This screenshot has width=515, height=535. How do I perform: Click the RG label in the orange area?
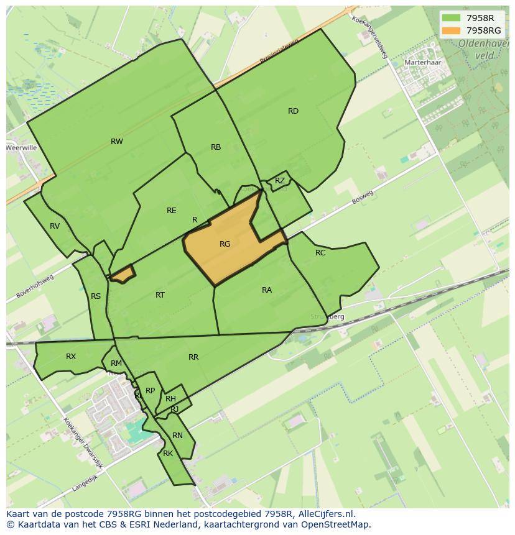tap(225, 244)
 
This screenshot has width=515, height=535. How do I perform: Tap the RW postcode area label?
tap(117, 142)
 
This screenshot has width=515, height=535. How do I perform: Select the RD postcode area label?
tap(293, 111)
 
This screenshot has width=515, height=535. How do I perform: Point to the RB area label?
tap(216, 147)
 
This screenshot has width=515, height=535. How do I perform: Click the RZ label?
tap(280, 181)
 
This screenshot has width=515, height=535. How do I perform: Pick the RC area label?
tap(320, 253)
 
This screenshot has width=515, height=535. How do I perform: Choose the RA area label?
tap(267, 290)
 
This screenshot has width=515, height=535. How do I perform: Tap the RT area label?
tap(160, 295)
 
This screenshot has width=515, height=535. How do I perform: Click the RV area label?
tap(55, 226)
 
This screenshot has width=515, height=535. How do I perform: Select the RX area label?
tap(71, 357)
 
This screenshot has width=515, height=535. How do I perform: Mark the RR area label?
tap(193, 357)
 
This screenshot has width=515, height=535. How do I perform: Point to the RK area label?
tap(168, 454)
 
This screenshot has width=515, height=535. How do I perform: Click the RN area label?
tap(177, 436)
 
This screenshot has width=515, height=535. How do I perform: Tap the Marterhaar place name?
tap(422, 63)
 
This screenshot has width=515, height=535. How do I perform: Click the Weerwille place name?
tap(21, 148)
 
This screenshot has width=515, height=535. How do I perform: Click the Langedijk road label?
tap(86, 482)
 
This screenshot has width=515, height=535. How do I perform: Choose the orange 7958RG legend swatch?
tap(451, 30)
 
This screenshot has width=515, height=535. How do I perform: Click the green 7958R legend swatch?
tap(451, 18)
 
